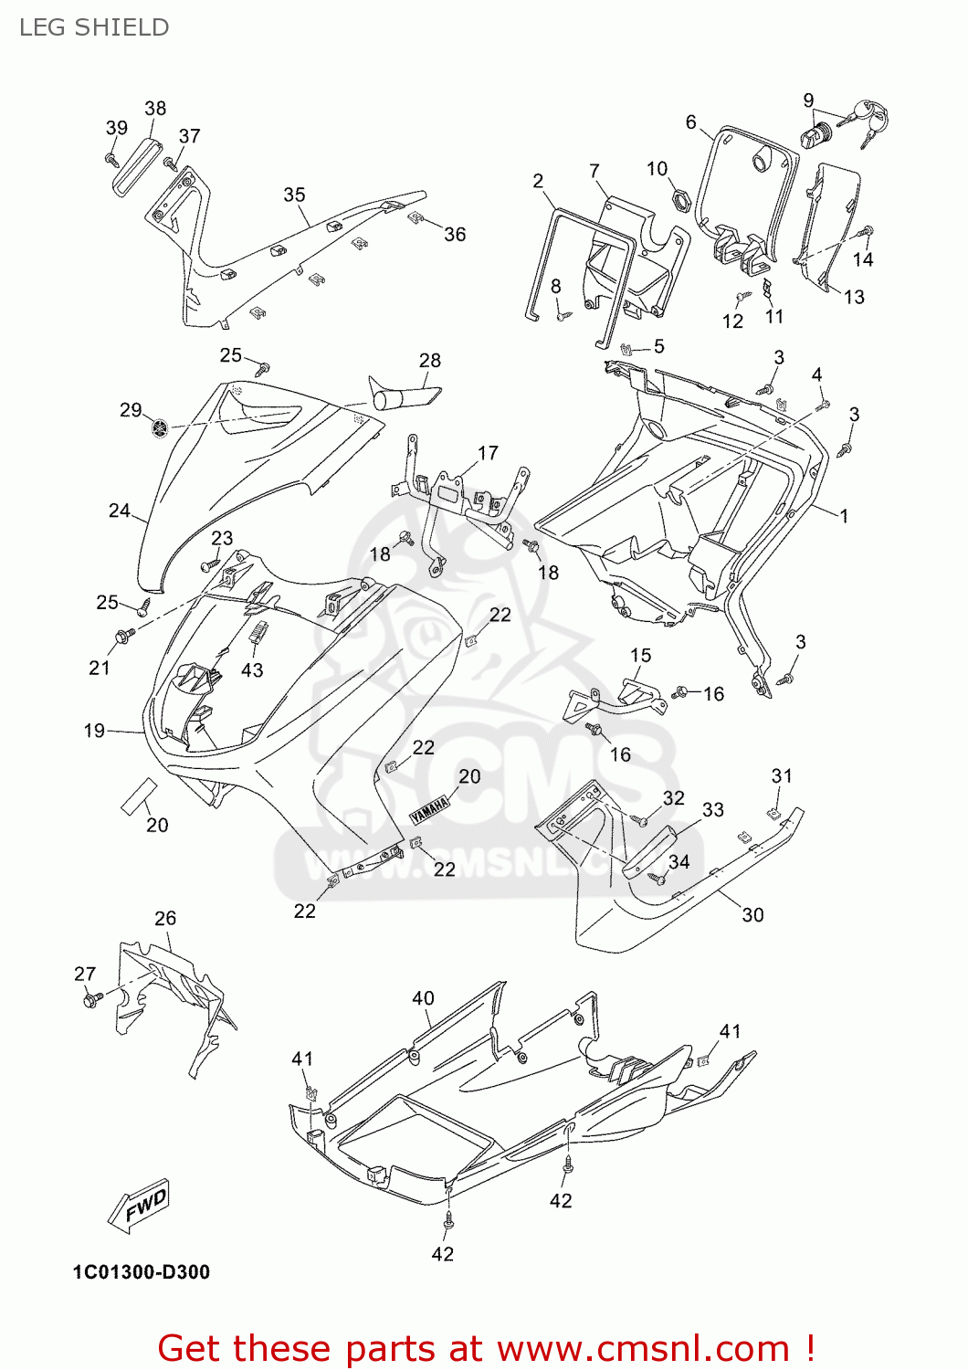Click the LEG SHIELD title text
point(94,27)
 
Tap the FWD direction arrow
point(140,1207)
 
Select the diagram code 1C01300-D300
point(142,1272)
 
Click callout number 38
point(155,109)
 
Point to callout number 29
point(131,410)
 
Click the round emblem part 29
point(161,427)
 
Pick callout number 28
point(429,361)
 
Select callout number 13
point(853,297)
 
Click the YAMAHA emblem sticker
point(429,808)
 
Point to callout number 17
point(488,453)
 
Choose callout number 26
point(164,918)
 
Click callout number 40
point(423,998)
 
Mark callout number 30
point(752,915)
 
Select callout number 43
point(252,670)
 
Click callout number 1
point(845,516)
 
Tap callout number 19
point(94,731)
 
